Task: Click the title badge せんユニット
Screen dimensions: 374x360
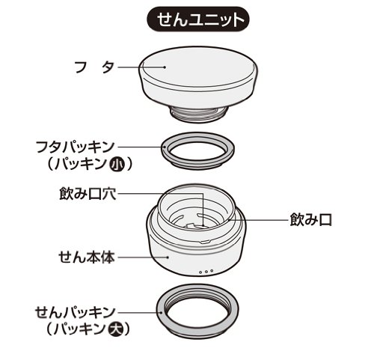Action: coord(198,19)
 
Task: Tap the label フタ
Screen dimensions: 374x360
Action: coord(95,67)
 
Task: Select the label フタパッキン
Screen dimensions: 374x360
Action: coord(76,147)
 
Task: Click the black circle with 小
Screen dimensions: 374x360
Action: coord(117,164)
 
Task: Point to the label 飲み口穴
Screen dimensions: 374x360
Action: coord(88,193)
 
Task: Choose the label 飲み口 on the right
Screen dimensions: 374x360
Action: coord(310,220)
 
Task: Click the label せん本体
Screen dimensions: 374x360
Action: coord(87,257)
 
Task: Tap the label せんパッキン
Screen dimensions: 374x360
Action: coord(75,312)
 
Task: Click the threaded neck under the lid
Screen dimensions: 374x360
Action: coord(199,114)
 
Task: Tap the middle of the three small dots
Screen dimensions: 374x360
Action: coord(206,272)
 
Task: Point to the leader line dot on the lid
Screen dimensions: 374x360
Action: coord(165,67)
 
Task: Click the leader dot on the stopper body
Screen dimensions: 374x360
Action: coord(169,257)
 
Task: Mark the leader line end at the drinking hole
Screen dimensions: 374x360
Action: coord(204,225)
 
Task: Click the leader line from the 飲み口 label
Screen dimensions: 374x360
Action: coord(258,220)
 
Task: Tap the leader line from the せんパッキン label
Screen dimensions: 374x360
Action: coord(140,312)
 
